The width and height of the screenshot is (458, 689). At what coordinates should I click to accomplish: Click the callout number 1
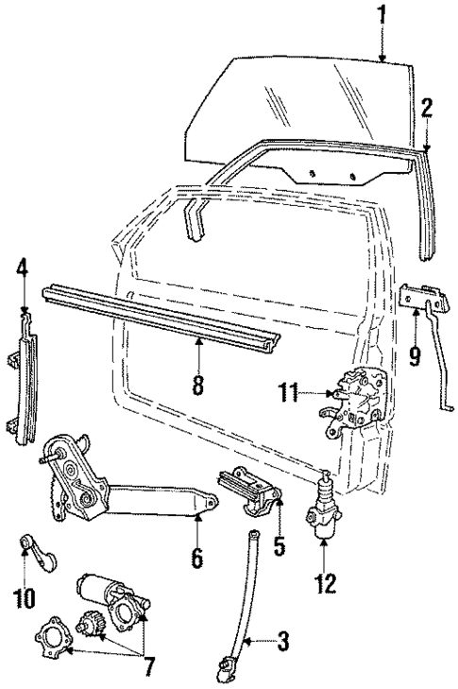(x=382, y=14)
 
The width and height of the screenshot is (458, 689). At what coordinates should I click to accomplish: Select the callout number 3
(x=282, y=644)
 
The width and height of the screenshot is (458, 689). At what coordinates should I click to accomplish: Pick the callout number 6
(x=196, y=558)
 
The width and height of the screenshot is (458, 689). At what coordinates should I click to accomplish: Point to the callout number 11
(x=288, y=389)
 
